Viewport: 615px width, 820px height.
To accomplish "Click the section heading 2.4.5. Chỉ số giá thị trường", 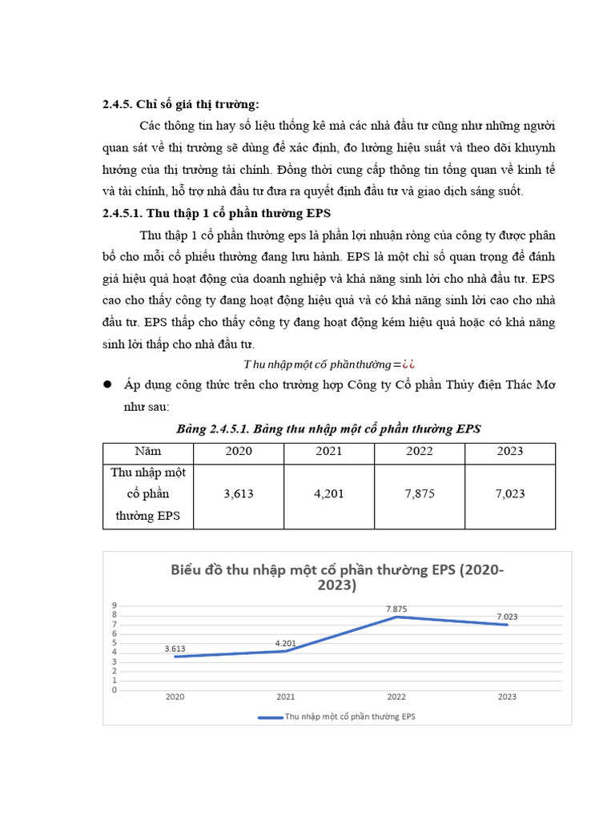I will coord(181,105).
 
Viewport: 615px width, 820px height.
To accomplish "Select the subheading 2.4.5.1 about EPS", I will coord(216,214).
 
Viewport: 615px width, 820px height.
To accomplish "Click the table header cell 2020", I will coord(239,451).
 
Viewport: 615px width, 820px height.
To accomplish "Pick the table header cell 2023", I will coord(510,451).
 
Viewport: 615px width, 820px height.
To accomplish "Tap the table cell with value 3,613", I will coord(239,494).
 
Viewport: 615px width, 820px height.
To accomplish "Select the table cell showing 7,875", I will coord(420,494).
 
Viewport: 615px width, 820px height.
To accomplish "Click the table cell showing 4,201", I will coord(329,494).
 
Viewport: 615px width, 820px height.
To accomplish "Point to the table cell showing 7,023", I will coord(510,494).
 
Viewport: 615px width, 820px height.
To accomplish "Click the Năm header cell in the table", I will coord(147,451).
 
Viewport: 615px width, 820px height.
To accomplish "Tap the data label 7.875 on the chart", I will coord(397,608).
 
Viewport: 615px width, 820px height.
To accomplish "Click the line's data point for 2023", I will coord(507,625).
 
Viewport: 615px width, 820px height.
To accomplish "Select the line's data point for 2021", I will coord(286,651).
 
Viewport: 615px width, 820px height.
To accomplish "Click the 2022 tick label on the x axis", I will coord(396,697).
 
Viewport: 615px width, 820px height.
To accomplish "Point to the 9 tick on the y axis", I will coord(115,605).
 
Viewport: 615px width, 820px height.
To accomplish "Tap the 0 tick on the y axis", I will coord(115,689).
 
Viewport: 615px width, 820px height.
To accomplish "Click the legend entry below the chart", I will coord(337,717).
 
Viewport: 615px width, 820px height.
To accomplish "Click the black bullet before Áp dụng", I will coord(107,385).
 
